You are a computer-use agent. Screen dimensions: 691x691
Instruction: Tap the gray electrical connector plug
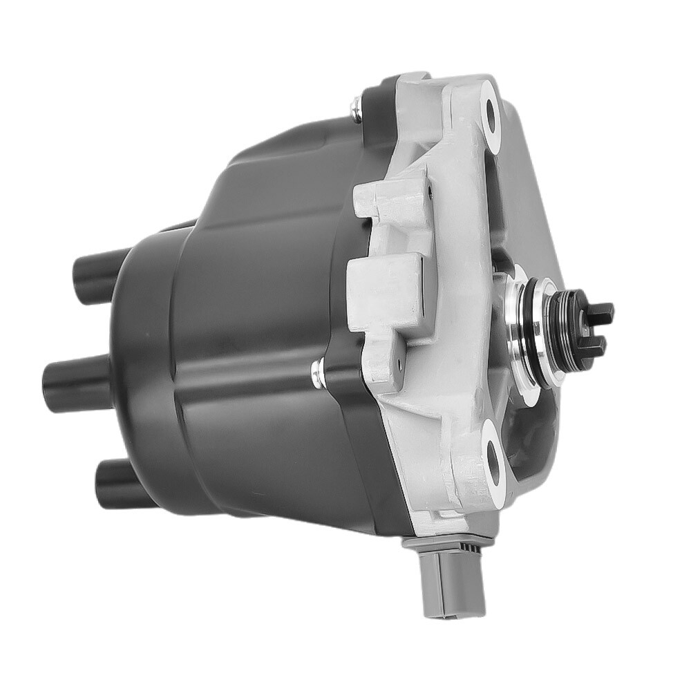click(x=443, y=590)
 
